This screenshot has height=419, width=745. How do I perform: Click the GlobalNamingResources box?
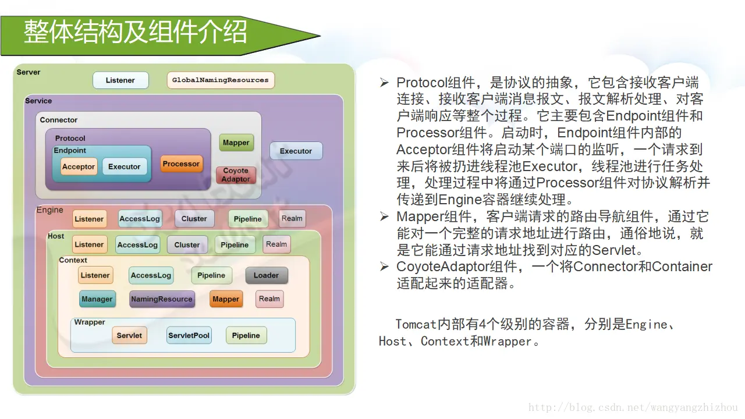tap(221, 80)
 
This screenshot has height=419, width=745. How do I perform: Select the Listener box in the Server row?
tap(120, 80)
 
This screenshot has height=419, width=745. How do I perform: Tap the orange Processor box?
tap(181, 164)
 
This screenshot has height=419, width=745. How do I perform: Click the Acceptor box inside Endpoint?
tap(79, 166)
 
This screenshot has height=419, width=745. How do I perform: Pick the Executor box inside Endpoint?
tap(125, 166)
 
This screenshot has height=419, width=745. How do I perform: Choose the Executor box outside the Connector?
tap(296, 151)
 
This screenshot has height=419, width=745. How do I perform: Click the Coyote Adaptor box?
tap(236, 175)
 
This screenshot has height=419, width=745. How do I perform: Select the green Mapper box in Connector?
tap(236, 143)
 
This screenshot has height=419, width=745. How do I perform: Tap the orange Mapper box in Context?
tap(226, 299)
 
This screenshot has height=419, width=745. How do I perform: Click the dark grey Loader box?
tap(267, 275)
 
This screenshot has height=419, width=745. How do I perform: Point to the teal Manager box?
tap(97, 299)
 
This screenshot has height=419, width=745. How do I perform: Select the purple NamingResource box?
tap(162, 299)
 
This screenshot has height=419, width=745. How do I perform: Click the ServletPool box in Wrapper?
tap(189, 336)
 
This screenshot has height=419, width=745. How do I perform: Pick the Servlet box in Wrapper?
tap(129, 336)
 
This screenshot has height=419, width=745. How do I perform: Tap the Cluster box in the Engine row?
tap(194, 219)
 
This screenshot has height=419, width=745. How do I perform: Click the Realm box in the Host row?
tap(276, 244)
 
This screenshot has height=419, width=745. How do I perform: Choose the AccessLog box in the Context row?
tap(151, 275)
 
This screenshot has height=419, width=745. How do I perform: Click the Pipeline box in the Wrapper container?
tap(246, 336)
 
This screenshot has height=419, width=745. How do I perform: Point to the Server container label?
tap(29, 72)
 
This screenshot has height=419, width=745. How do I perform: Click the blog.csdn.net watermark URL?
tap(633, 408)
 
